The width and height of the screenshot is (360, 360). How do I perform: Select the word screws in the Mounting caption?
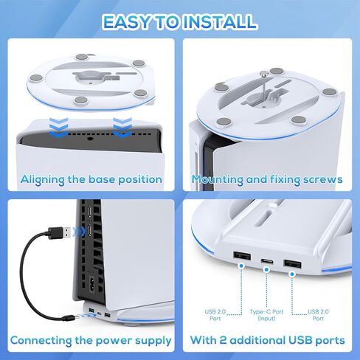[x=322, y=179]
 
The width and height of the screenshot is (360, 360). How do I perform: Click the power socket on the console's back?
[x=91, y=283]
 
